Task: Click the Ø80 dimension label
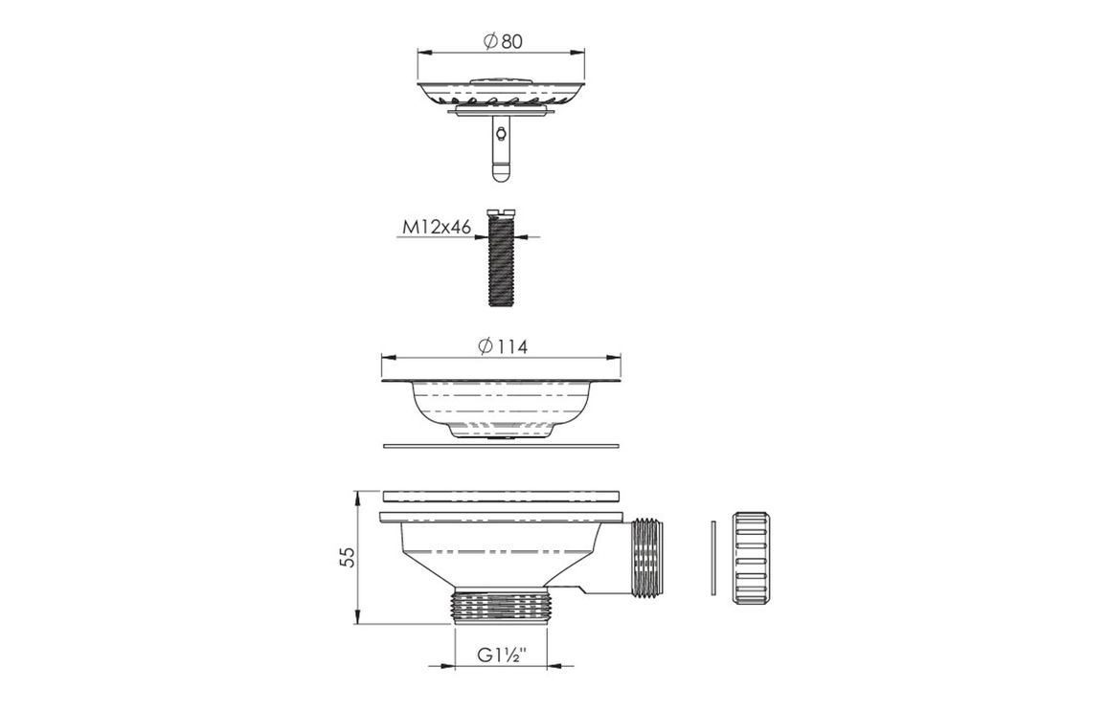tap(503, 41)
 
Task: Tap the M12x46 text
tap(437, 227)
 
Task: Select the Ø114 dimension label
tap(502, 346)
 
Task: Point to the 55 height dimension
tap(347, 557)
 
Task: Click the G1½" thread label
tap(502, 655)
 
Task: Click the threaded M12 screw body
tap(501, 261)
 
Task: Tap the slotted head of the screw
tap(501, 211)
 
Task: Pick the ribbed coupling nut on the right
tap(748, 559)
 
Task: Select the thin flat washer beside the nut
tap(713, 558)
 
